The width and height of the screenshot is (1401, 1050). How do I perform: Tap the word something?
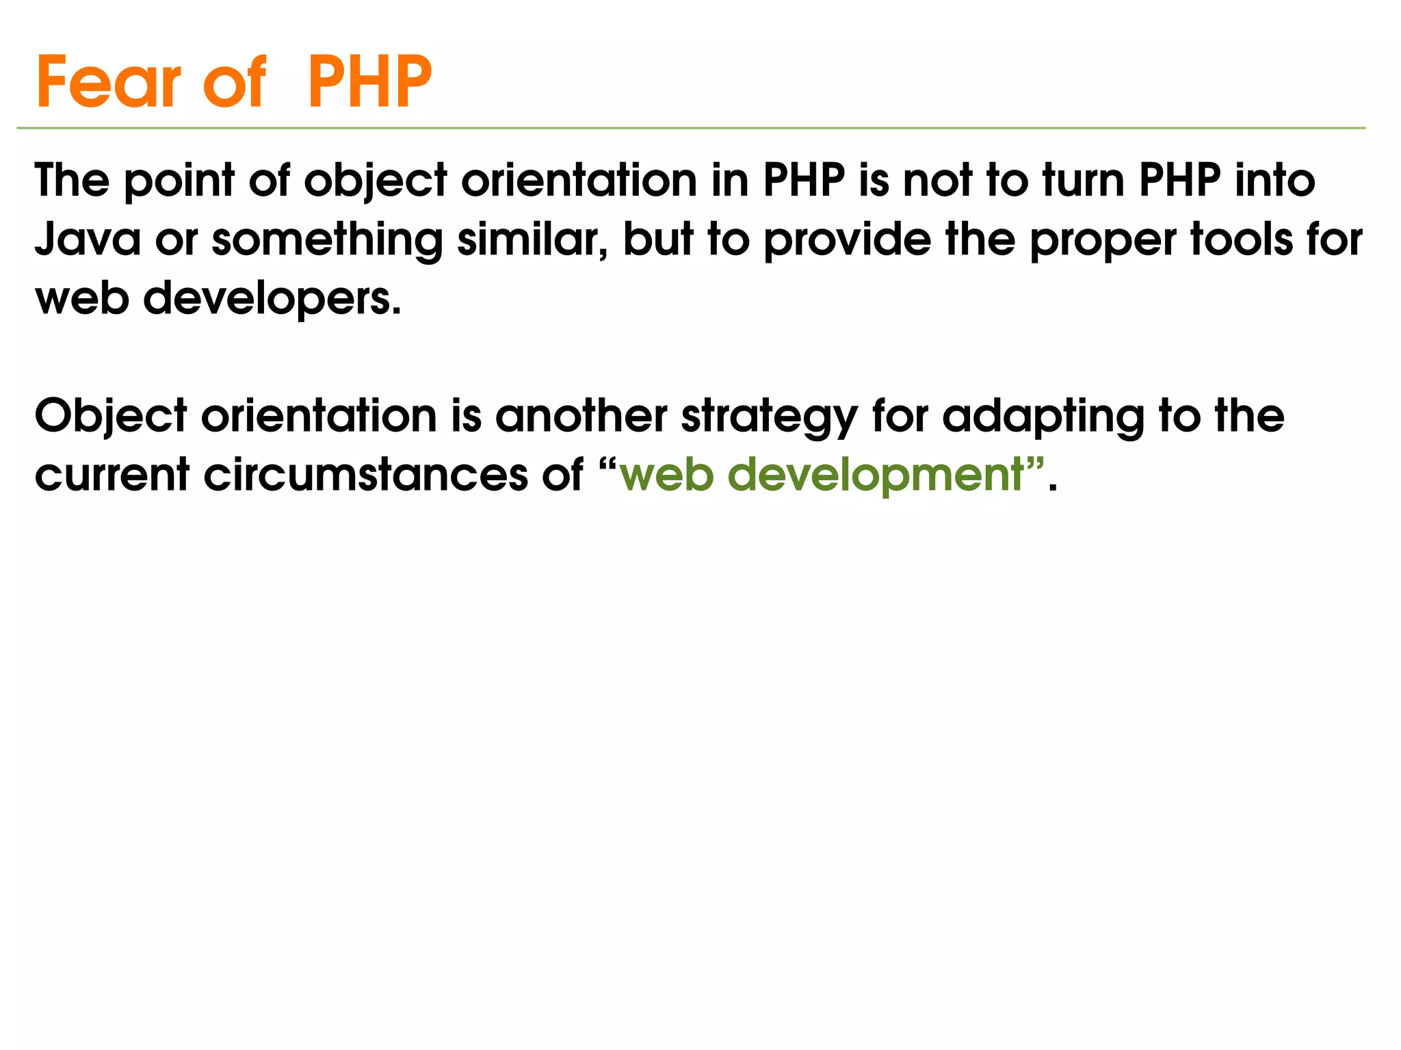(x=328, y=241)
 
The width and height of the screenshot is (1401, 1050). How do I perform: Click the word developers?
(x=272, y=300)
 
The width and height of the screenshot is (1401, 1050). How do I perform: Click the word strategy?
(x=770, y=417)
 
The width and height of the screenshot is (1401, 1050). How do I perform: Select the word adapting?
(x=1043, y=417)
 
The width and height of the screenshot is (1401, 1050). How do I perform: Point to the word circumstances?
(x=366, y=475)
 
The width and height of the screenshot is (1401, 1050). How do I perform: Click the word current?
(x=112, y=475)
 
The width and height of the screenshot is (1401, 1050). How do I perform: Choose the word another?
(x=581, y=416)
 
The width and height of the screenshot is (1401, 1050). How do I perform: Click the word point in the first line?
(x=179, y=181)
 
